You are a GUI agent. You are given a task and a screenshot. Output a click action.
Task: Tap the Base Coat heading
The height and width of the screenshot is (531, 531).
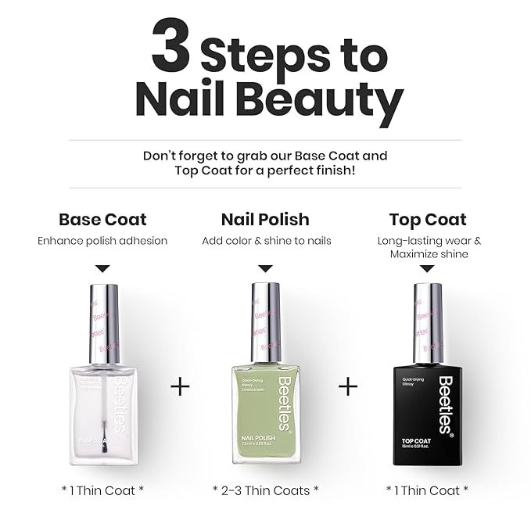pos(102,219)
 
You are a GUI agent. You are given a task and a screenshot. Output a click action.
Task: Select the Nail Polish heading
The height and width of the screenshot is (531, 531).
pos(265,219)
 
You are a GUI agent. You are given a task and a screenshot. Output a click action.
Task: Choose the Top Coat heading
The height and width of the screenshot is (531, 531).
pos(428,219)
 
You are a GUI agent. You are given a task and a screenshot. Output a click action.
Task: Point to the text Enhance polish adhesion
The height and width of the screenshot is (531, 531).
pos(102,241)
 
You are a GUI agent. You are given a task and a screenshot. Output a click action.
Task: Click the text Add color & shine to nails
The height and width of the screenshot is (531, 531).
pos(266,241)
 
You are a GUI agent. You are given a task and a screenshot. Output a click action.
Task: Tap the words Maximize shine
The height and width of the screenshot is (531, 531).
pos(429,254)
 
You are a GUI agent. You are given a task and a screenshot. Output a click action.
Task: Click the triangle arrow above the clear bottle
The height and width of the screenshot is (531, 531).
pos(102,268)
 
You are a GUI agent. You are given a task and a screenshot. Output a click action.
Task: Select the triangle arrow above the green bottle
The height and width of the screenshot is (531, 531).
pos(266,268)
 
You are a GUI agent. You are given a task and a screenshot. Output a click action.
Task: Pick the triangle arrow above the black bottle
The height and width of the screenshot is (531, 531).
pos(428,268)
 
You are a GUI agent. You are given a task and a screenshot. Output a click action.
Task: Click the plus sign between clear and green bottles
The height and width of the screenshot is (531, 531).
pos(180,386)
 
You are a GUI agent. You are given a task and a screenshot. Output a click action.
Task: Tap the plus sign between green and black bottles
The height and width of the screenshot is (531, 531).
pos(348,386)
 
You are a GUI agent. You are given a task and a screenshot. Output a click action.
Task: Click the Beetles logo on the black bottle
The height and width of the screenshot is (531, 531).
pos(445,404)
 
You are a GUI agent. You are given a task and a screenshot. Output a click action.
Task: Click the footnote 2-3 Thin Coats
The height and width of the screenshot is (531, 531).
pos(266,490)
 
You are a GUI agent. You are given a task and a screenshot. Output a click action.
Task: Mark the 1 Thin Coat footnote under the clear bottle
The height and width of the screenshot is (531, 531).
pos(102,490)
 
